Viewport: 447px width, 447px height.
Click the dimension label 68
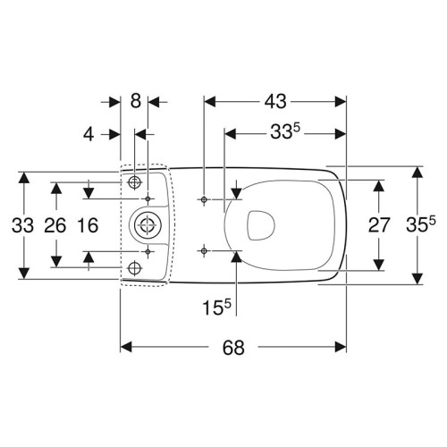click(233, 348)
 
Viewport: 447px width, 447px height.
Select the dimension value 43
click(275, 101)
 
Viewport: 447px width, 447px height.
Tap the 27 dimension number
click(379, 225)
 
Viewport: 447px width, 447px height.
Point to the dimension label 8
click(136, 101)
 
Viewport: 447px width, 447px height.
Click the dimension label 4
click(89, 134)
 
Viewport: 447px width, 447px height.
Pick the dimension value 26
click(55, 225)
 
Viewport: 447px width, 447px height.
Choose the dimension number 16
click(88, 225)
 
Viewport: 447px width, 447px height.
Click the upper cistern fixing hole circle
click(134, 182)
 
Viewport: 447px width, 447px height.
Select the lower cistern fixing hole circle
click(134, 268)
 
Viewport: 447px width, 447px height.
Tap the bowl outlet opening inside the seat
click(260, 225)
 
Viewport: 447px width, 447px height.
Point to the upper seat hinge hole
click(204, 199)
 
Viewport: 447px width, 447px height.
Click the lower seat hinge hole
click(204, 251)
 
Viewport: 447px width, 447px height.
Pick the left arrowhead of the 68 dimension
click(125, 347)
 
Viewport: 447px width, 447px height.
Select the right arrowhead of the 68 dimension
click(341, 347)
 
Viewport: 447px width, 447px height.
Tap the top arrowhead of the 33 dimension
click(24, 178)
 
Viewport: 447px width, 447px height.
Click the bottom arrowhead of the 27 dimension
click(379, 265)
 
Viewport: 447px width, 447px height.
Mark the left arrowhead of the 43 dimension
click(209, 102)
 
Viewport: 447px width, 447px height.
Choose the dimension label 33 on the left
click(22, 225)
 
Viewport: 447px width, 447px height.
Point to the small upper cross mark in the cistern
click(148, 198)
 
